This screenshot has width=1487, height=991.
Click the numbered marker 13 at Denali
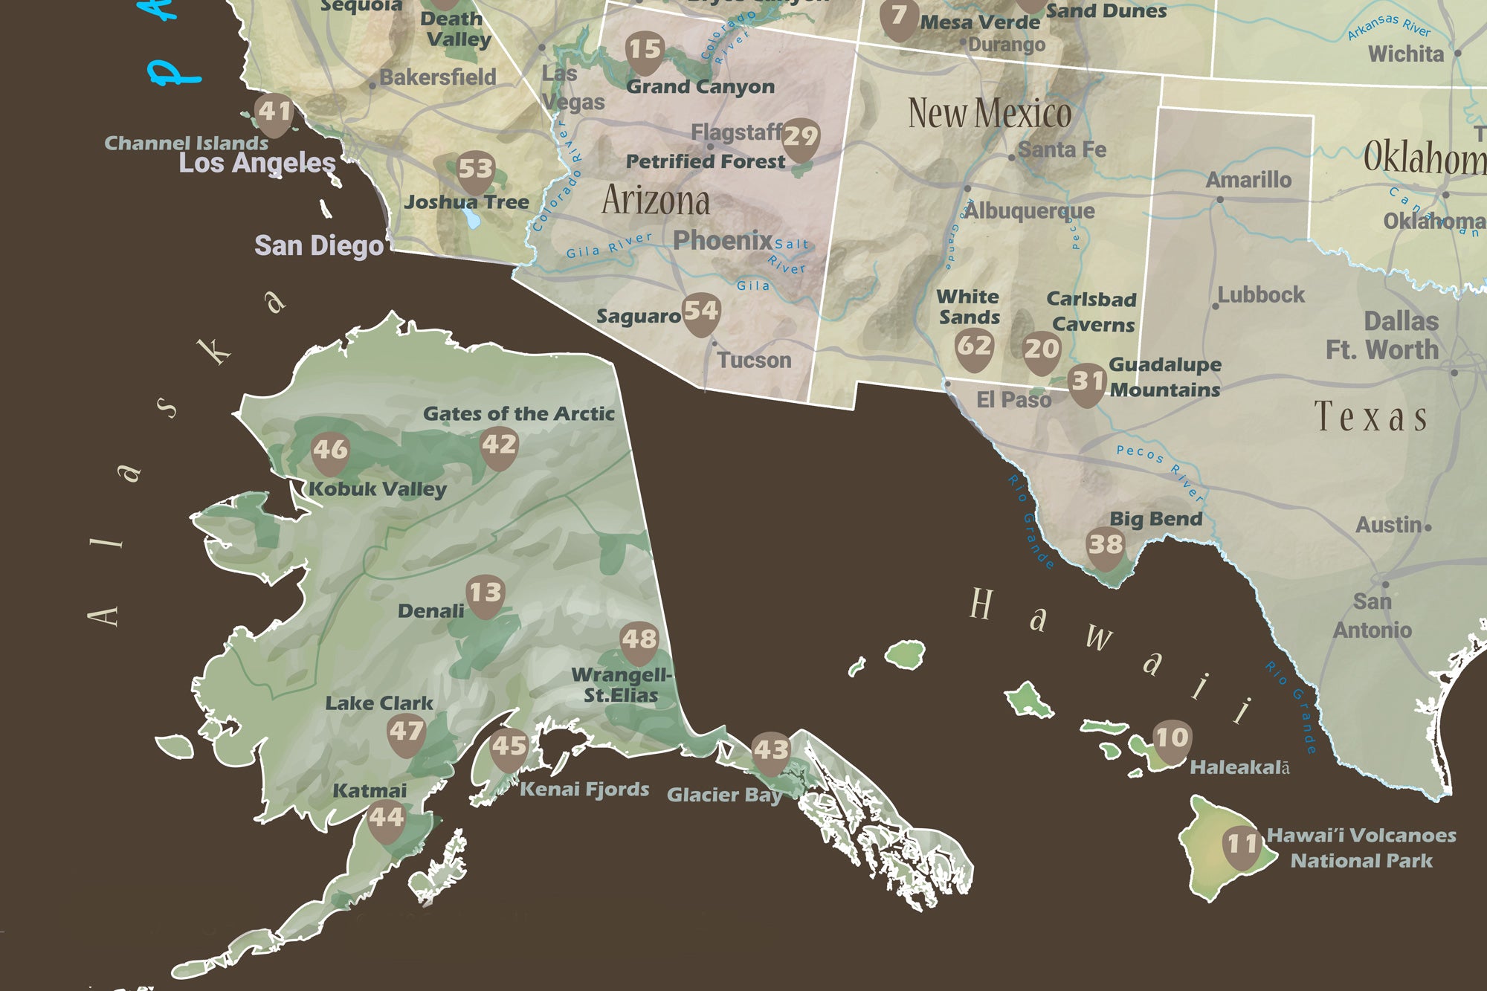pos(486,595)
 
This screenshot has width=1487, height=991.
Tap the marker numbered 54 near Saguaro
pos(700,312)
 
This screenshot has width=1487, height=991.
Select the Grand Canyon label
pos(700,87)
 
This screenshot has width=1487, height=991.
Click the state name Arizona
pos(655,201)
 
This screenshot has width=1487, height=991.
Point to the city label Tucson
pos(753,361)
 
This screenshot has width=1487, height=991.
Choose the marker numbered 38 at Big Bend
pos(1105,546)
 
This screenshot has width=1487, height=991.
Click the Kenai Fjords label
pos(584,790)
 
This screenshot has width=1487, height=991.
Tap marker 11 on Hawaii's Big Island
pos(1241,846)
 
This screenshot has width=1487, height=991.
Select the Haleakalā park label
pos(1239,767)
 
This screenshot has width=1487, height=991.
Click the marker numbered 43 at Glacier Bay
pos(770,752)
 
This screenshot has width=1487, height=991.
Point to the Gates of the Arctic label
pos(518,414)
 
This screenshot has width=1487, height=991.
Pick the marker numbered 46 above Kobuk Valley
pos(329,451)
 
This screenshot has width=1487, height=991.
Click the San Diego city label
pos(319,245)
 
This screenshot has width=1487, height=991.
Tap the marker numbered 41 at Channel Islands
pos(274,114)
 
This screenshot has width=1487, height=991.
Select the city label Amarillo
pos(1248,180)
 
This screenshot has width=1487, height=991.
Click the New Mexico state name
pos(989,114)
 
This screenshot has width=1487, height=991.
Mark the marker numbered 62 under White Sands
pos(973,348)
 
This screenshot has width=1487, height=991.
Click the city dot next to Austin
pos(1428,527)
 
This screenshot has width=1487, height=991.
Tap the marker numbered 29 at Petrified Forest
pos(800,138)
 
